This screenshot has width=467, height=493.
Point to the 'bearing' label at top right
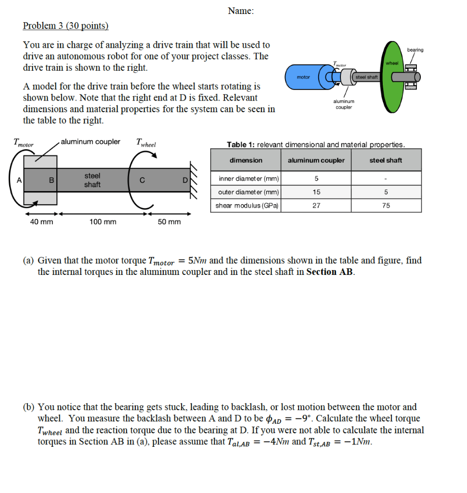coord(415,50)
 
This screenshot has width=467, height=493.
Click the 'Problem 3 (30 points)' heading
coord(66,26)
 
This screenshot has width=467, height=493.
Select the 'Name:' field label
coord(241,11)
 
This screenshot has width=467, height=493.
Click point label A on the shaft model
coord(19,180)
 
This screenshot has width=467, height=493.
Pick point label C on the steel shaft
coord(142,181)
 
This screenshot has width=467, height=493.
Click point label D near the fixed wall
coord(184,181)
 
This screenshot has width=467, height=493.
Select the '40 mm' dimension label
coord(42,222)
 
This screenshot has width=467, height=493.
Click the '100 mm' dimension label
coord(103,222)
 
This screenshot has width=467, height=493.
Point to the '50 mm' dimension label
coord(169,222)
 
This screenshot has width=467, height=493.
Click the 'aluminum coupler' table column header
coord(316,160)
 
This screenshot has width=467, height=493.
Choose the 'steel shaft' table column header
coord(386,160)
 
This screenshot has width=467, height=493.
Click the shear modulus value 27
coord(316,206)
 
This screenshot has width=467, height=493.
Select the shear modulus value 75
coord(386,206)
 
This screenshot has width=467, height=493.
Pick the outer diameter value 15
coord(316,192)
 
